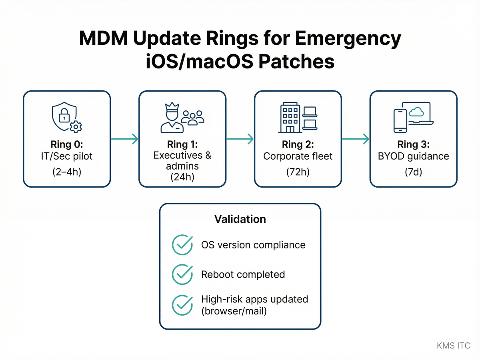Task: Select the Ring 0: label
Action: [x=67, y=144]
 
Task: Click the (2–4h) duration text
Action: [x=67, y=173]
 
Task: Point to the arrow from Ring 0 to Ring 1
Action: [x=124, y=139]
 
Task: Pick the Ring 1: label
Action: [x=182, y=144]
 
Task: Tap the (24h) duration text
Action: [x=182, y=176]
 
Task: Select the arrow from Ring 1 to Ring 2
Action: [x=240, y=139]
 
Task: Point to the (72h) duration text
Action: [x=298, y=173]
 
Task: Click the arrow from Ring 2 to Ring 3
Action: [x=355, y=139]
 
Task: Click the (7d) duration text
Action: [x=413, y=173]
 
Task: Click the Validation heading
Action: [x=240, y=219]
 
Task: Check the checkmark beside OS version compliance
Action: [x=182, y=244]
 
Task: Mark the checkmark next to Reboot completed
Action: [x=182, y=274]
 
